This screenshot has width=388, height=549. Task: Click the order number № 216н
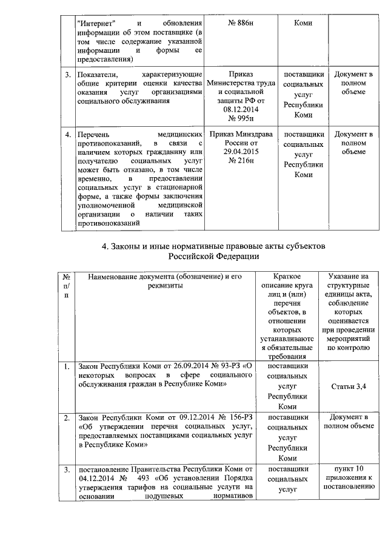pyautogui.click(x=240, y=161)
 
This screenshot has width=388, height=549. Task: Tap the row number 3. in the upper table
pyautogui.click(x=68, y=75)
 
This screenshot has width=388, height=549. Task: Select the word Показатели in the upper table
pyautogui.click(x=99, y=75)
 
